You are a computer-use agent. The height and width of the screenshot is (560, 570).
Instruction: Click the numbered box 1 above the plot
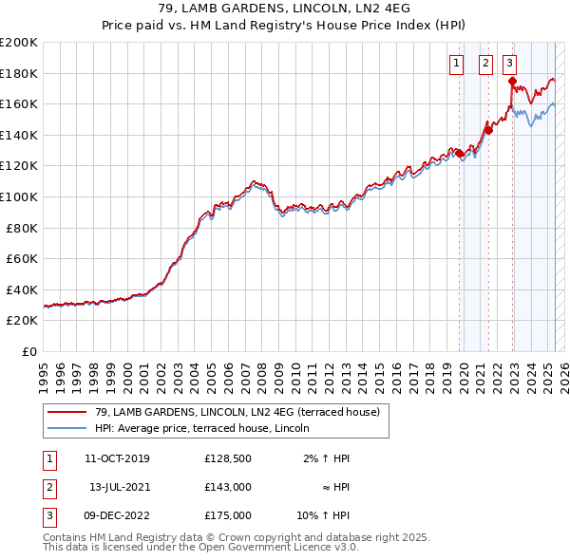(x=456, y=64)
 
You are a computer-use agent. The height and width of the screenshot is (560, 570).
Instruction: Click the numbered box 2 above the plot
(x=485, y=64)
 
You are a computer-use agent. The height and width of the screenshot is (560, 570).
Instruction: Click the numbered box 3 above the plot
(x=510, y=64)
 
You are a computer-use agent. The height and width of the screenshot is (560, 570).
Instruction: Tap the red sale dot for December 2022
(x=512, y=81)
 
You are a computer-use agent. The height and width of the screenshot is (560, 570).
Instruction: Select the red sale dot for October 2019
(x=459, y=152)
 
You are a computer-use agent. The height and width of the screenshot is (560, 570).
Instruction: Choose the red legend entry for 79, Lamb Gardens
(x=237, y=412)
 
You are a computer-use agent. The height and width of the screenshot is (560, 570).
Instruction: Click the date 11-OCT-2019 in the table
(x=117, y=458)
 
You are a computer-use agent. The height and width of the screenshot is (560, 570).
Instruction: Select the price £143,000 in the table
(x=228, y=487)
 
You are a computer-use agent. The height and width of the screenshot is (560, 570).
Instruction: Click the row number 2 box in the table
(x=48, y=487)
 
